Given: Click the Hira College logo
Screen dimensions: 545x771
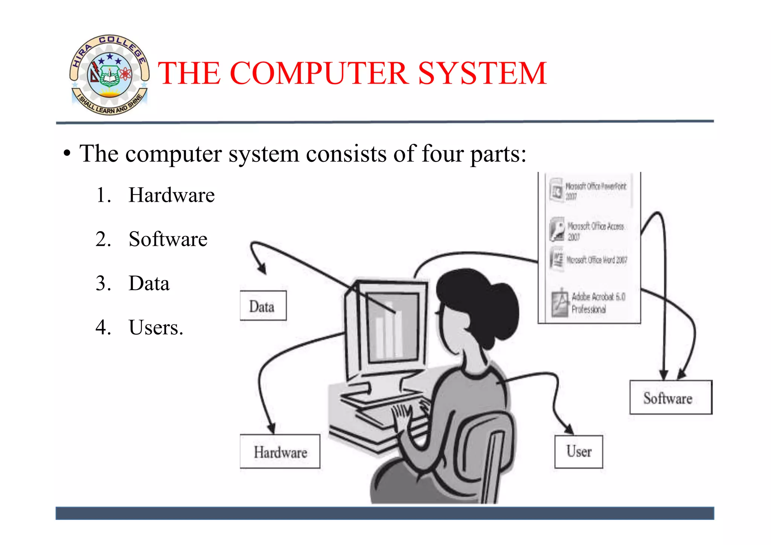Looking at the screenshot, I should [x=109, y=75].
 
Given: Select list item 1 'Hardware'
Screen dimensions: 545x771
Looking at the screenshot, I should [x=171, y=195].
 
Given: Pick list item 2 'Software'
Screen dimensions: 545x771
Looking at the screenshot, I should [x=168, y=239].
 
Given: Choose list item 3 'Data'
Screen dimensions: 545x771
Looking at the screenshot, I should [x=149, y=283].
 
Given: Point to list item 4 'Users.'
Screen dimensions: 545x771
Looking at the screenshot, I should [x=155, y=327].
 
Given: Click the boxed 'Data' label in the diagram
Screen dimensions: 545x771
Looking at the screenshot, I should [x=263, y=306].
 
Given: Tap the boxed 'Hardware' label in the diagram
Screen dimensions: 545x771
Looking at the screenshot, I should [x=280, y=452].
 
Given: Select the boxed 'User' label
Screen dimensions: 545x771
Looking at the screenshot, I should [x=579, y=452].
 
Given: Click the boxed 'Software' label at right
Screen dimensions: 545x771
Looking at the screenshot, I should [x=670, y=398].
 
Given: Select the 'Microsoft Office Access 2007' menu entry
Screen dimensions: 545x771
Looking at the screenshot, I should [x=591, y=230].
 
